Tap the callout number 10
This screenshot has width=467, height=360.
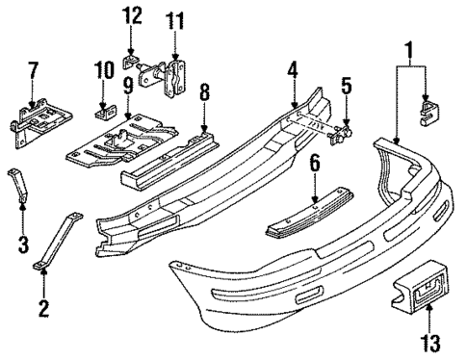click(x=102, y=71)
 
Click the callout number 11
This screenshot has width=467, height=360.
click(x=174, y=20)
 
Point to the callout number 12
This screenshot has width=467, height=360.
click(x=133, y=15)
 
